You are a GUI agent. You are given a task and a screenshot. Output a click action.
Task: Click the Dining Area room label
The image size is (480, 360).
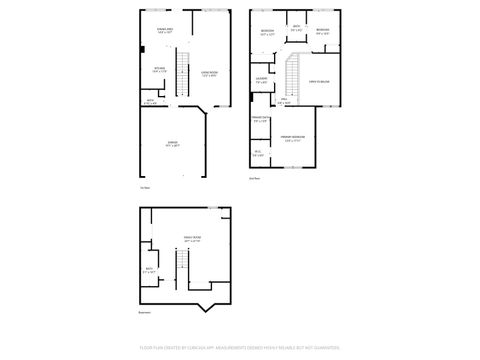(165, 31)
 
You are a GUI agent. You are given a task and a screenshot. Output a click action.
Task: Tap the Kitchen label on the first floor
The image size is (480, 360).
(159, 70)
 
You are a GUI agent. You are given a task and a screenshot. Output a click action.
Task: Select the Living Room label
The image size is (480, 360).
(209, 73)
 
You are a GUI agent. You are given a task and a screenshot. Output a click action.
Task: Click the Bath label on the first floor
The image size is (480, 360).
(150, 100)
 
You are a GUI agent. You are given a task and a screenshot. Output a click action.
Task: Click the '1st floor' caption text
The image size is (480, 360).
(145, 187)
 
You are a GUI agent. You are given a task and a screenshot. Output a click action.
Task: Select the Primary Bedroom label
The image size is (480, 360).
(293, 138)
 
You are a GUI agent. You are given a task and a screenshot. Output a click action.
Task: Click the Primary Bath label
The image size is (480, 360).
(260, 121)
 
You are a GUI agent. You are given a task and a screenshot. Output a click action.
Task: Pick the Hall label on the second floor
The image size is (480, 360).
(284, 100)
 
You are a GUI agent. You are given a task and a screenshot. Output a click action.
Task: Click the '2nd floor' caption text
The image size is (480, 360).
(254, 178)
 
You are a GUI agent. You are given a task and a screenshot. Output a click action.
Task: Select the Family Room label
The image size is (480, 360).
(192, 240)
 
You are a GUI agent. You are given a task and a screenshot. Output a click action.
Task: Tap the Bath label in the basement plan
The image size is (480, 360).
(148, 270)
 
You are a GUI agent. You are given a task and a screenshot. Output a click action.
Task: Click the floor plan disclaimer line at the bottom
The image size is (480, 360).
(240, 349)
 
